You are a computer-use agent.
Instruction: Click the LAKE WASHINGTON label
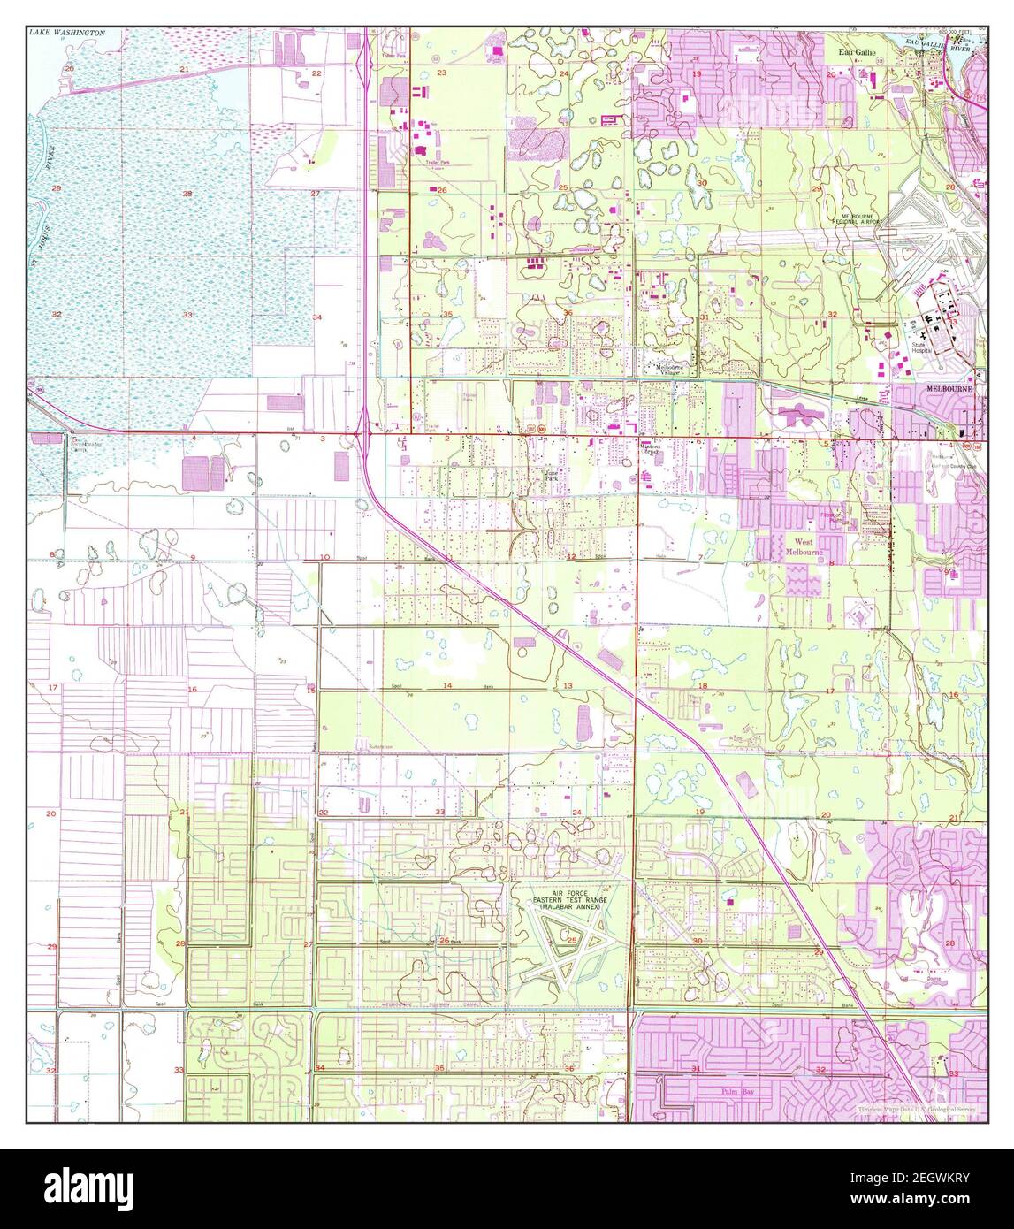[66, 33]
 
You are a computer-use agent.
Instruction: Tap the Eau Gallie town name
[857, 53]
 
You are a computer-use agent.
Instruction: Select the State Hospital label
[924, 347]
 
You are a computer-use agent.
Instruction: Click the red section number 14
[447, 686]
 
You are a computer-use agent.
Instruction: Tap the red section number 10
[325, 557]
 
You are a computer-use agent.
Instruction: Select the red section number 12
[572, 557]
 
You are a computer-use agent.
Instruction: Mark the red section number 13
[568, 686]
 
